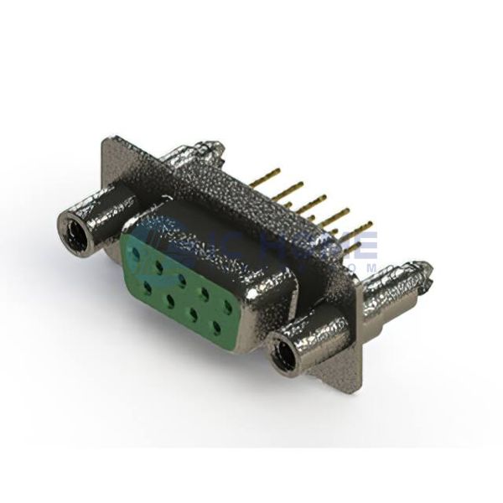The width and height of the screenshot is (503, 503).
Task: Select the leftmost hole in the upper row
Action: [x=137, y=249]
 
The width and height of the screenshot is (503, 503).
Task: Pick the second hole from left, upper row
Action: [x=158, y=262]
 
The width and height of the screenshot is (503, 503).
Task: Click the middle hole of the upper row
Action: [x=181, y=275]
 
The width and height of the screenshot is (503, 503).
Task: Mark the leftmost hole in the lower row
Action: [x=147, y=284]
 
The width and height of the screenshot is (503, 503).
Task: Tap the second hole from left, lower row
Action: [x=169, y=297]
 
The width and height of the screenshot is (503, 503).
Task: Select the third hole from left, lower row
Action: [x=192, y=311]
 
